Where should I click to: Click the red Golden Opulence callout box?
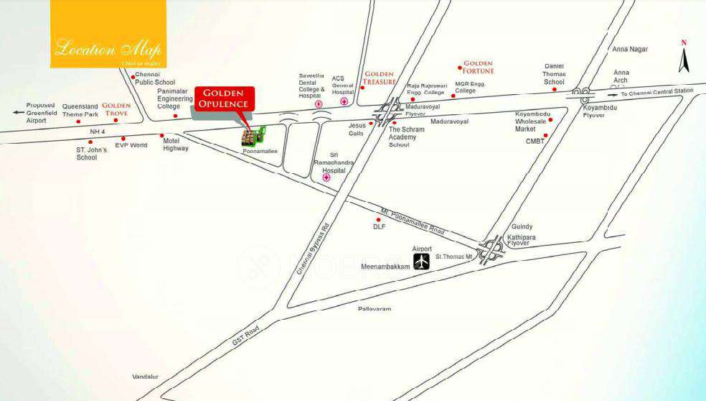click(x=222, y=98)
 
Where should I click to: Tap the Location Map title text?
click(x=108, y=50)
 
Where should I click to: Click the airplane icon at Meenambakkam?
click(x=421, y=262)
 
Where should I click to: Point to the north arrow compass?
click(x=684, y=57)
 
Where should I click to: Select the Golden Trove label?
click(x=116, y=109)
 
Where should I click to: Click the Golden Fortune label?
click(x=478, y=68)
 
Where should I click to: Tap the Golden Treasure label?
click(x=380, y=78)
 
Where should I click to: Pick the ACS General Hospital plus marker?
click(x=344, y=103)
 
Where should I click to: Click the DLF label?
click(x=380, y=226)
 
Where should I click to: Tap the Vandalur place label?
click(x=145, y=377)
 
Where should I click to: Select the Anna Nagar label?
click(x=629, y=50)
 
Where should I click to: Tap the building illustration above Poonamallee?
click(x=253, y=136)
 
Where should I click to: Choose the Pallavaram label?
click(x=375, y=309)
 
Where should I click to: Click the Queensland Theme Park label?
click(x=80, y=110)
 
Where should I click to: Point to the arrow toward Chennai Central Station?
click(x=611, y=93)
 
